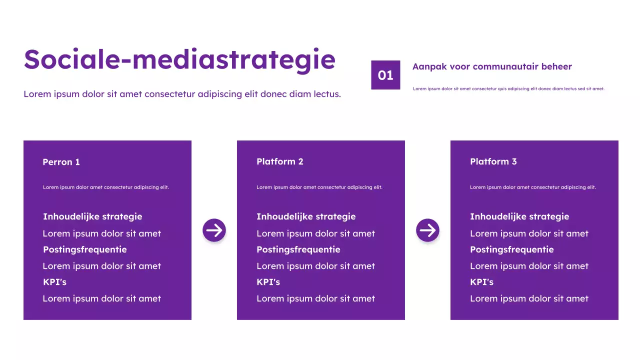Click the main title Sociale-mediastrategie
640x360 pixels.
tap(179, 59)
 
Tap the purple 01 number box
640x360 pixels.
tap(385, 75)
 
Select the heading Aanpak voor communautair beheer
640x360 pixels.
tap(492, 66)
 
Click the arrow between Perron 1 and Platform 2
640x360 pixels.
tap(214, 230)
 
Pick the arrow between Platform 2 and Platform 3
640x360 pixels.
tap(427, 230)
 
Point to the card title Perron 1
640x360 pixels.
tap(61, 162)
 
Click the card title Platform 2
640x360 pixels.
tap(279, 161)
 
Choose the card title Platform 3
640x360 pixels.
tap(493, 161)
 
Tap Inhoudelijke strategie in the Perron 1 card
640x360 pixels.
tap(92, 216)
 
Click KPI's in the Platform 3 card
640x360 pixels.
tap(481, 282)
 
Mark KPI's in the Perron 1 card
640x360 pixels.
tap(54, 282)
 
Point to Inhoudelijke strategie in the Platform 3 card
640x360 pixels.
tap(519, 216)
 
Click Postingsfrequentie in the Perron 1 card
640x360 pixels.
tap(84, 249)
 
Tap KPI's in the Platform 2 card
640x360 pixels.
tap(268, 282)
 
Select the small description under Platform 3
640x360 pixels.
tap(532, 187)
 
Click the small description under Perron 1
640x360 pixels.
tap(105, 187)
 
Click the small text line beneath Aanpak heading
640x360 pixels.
tap(508, 89)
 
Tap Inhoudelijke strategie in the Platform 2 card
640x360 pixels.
tap(306, 216)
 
